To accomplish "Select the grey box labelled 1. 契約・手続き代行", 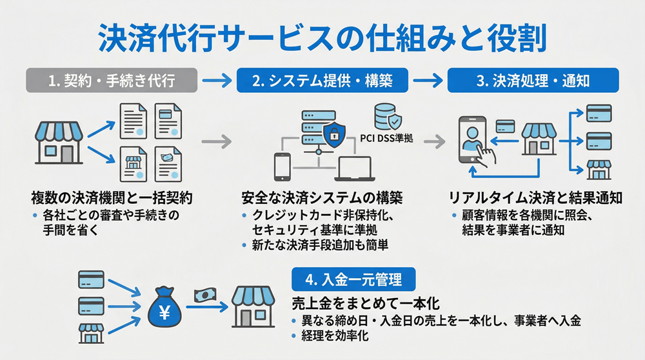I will tap(110, 82).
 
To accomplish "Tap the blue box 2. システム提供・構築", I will tap(322, 82).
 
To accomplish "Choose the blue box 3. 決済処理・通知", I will tap(533, 82).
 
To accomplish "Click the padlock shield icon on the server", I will tap(333, 134).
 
